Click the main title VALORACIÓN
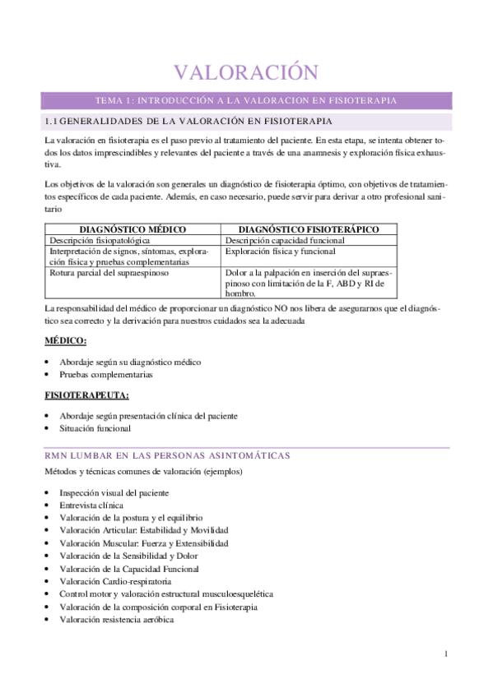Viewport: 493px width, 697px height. pos(247,72)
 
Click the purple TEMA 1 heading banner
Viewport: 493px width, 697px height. pos(247,100)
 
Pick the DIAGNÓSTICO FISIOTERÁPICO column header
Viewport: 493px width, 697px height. pos(309,229)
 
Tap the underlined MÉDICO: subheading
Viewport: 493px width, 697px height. pos(66,340)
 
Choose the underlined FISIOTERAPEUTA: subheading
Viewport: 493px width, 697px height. pos(86,395)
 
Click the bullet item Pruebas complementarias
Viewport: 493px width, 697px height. pos(106,375)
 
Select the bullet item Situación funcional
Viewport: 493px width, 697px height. pos(95,428)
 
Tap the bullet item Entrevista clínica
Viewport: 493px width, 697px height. pos(91,505)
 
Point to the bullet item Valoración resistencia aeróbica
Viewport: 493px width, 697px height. pos(116,620)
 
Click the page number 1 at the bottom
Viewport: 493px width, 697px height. pos(445,653)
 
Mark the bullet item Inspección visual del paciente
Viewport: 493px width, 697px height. pos(114,493)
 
